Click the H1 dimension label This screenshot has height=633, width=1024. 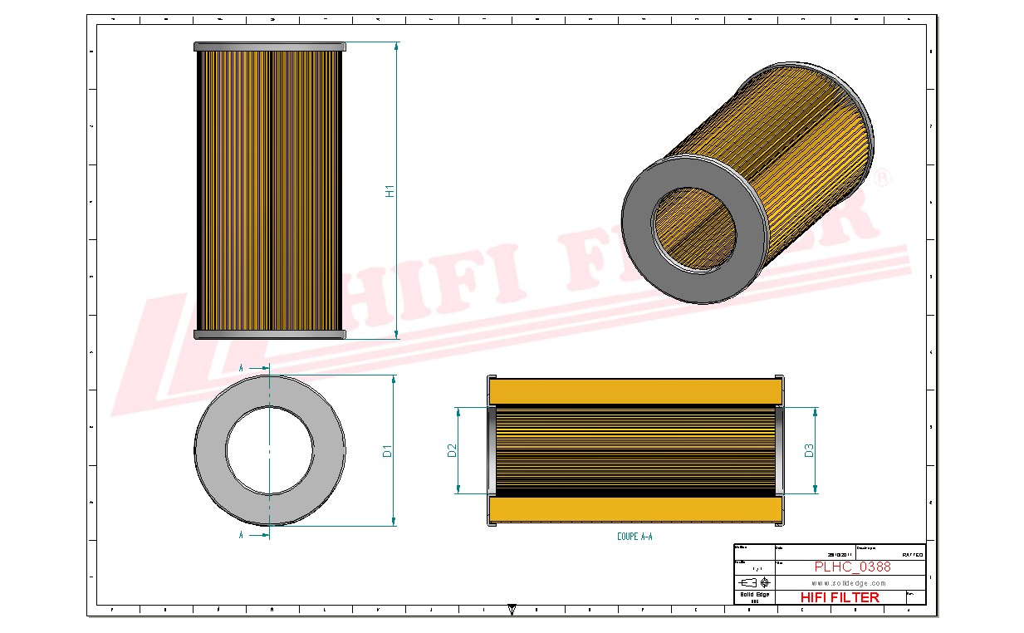click(x=389, y=190)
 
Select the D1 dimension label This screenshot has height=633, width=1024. click(x=386, y=451)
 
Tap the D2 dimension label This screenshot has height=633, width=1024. click(x=453, y=450)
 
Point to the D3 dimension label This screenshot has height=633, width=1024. click(x=809, y=450)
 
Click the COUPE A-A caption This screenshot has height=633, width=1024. click(x=634, y=537)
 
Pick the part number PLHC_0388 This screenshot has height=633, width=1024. click(x=852, y=567)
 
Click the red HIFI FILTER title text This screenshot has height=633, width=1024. click(x=839, y=597)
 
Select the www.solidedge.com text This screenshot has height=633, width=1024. click(x=847, y=583)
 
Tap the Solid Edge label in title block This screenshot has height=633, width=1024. click(x=754, y=595)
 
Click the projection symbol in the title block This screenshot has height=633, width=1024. click(x=754, y=582)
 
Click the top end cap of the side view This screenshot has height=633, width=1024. click(x=268, y=47)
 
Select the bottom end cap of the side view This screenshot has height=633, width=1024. click(x=268, y=334)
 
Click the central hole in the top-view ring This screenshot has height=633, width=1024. click(x=270, y=450)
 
